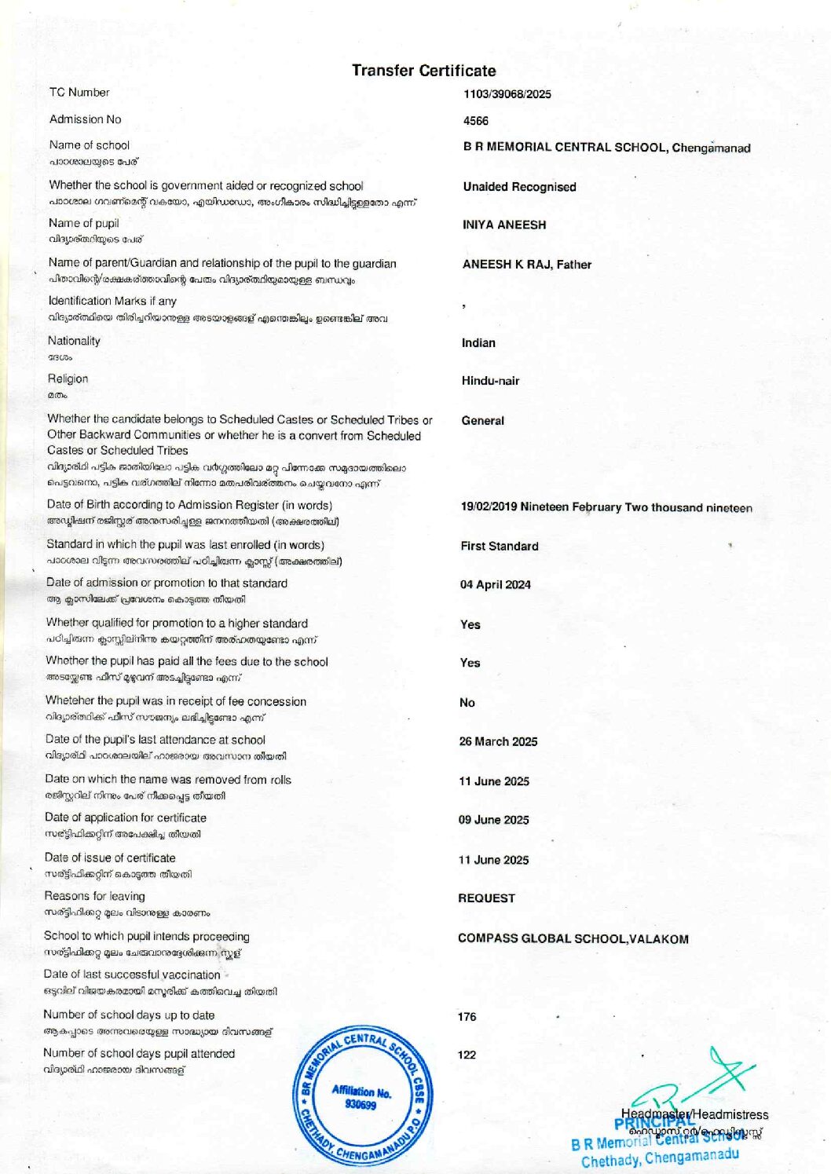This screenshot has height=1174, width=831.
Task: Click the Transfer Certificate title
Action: pyautogui.click(x=423, y=71)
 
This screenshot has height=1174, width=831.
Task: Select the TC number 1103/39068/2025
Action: pyautogui.click(x=507, y=94)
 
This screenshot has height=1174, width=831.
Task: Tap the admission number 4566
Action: pyautogui.click(x=475, y=121)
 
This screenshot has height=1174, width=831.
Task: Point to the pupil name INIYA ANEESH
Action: pyautogui.click(x=503, y=225)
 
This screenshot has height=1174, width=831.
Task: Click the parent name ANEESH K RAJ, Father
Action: pyautogui.click(x=526, y=265)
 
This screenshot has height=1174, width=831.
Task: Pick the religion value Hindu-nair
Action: pyautogui.click(x=490, y=381)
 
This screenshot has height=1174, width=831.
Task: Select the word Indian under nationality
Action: pyautogui.click(x=478, y=343)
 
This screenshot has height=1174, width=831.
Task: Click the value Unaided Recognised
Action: pyautogui.click(x=519, y=187)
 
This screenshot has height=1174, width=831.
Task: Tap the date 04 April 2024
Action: pyautogui.click(x=495, y=585)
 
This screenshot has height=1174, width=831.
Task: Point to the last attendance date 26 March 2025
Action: pyautogui.click(x=498, y=742)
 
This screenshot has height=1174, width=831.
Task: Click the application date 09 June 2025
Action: pyautogui.click(x=493, y=820)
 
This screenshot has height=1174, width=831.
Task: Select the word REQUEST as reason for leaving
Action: pyautogui.click(x=486, y=898)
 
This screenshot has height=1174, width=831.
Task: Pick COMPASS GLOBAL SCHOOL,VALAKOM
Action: pyautogui.click(x=573, y=938)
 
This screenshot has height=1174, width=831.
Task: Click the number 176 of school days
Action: pyautogui.click(x=467, y=1017)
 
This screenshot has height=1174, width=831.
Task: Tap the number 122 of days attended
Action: pyautogui.click(x=467, y=1055)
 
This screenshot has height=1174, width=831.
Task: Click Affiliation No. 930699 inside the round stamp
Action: pyautogui.click(x=361, y=1098)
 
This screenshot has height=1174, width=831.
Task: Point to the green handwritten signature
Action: pyautogui.click(x=699, y=1080)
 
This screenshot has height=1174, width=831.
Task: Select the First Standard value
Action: pyautogui.click(x=499, y=547)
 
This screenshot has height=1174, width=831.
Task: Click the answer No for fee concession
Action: pyautogui.click(x=467, y=703)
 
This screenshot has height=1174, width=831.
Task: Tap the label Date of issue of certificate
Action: pyautogui.click(x=110, y=858)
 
